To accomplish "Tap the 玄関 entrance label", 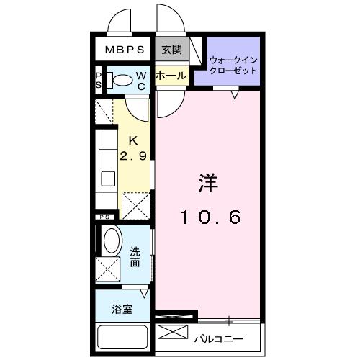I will tap(171, 50).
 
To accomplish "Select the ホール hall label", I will tap(171, 75).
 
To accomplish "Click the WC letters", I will tap(142, 81).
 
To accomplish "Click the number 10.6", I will tap(209, 216).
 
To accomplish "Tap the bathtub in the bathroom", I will tap(122, 338).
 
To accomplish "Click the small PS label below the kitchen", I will tap(105, 216).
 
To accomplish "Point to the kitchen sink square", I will tap(107, 179).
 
